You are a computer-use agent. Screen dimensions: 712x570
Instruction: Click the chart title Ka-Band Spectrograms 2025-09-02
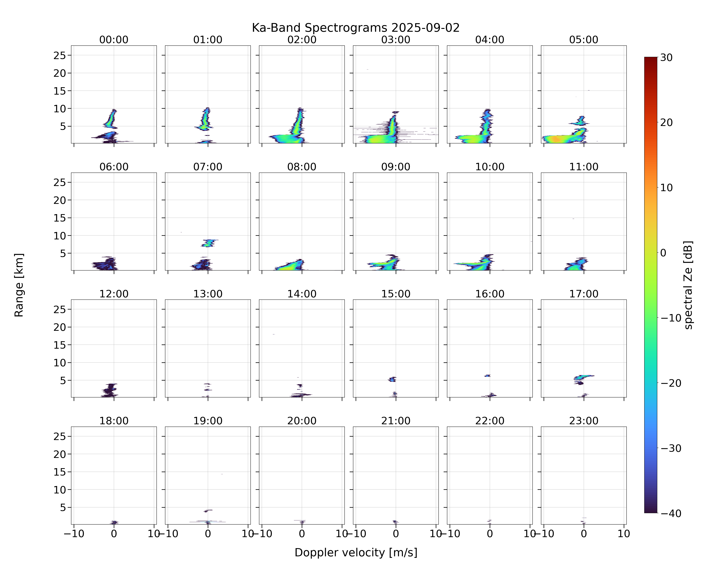point(356,28)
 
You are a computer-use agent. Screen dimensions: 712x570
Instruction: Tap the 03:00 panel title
point(396,40)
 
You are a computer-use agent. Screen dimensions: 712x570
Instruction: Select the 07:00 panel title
point(208,167)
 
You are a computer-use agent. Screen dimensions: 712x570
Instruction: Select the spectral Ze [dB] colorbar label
point(688,285)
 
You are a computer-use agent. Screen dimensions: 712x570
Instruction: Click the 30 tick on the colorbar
point(666,58)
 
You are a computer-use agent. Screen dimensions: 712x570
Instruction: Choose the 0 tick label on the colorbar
point(663,253)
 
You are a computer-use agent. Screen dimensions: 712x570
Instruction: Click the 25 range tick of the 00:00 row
point(60,55)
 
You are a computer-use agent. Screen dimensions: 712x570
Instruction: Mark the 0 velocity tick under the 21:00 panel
point(396,534)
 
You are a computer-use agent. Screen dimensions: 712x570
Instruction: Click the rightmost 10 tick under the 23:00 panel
point(624,534)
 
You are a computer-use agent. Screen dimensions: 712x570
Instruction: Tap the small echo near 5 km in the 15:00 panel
point(392,379)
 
